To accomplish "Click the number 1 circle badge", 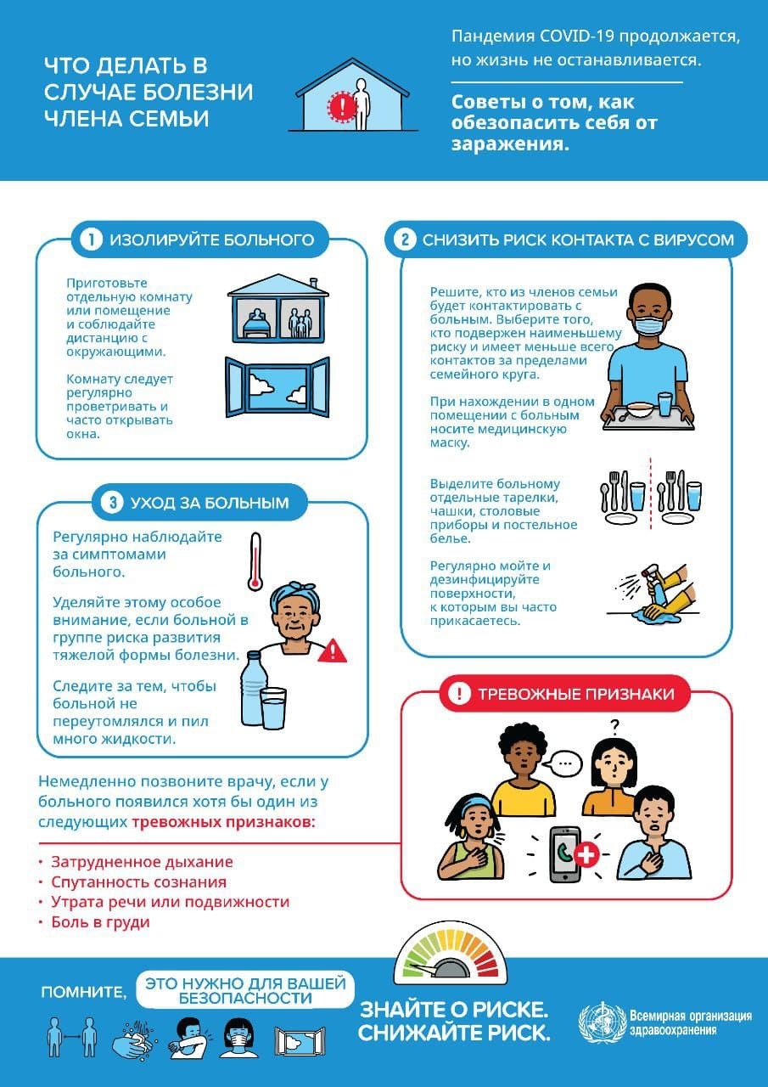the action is click(x=91, y=239).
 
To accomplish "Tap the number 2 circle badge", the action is click(x=405, y=239).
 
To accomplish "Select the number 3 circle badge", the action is click(x=113, y=502).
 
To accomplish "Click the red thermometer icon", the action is click(x=255, y=562).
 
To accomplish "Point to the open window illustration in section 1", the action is click(x=277, y=386).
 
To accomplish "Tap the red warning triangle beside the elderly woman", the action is click(x=333, y=651).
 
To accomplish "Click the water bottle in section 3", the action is click(x=254, y=689).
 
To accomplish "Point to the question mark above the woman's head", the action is click(x=614, y=726).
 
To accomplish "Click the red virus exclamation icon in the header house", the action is click(x=343, y=105).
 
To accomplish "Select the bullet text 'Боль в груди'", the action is click(x=100, y=922).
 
